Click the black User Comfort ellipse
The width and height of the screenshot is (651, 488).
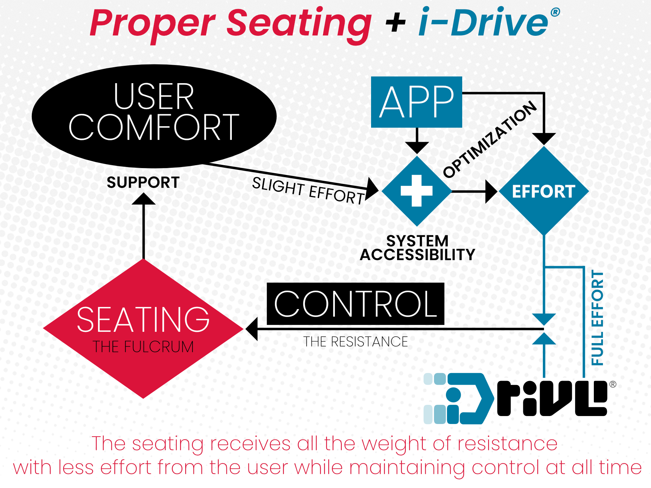[154, 116]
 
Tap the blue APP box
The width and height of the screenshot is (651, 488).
[417, 102]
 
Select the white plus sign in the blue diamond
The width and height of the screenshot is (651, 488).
[417, 191]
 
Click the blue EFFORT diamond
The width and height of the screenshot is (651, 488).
[544, 191]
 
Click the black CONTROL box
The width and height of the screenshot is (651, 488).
[355, 304]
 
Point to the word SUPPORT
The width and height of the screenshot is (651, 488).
[143, 183]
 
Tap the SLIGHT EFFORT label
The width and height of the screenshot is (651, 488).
[308, 191]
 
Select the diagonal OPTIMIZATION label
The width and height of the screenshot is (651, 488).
[490, 139]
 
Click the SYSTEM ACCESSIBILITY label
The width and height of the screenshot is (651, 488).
[417, 248]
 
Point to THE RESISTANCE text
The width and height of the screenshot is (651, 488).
[355, 342]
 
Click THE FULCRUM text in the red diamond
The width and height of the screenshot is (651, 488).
[143, 347]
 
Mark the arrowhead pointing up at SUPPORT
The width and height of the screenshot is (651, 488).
[144, 199]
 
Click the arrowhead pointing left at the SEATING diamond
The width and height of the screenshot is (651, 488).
[252, 329]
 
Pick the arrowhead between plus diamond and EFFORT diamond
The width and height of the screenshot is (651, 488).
[491, 191]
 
